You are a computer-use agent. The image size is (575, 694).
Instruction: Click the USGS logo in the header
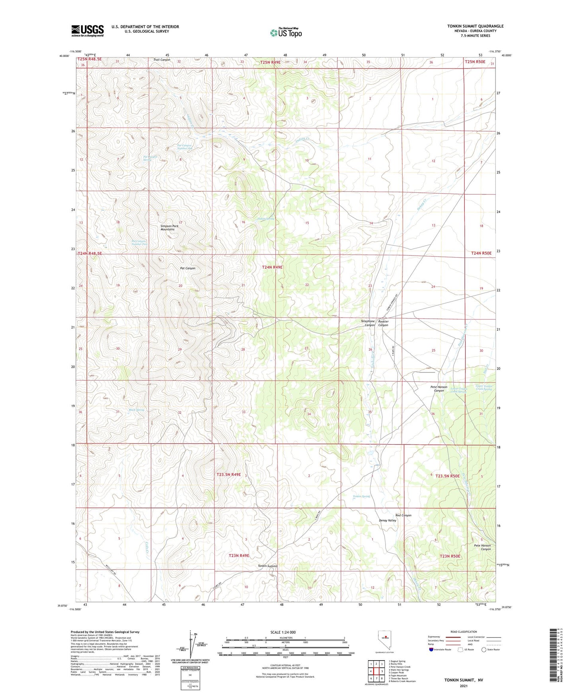(88, 31)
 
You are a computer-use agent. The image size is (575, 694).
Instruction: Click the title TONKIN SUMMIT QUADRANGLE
(475, 26)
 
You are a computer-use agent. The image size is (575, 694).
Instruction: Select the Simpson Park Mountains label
(167, 228)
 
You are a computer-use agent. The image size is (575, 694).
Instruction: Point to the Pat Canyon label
(187, 268)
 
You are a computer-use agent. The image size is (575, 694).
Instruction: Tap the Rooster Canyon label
(383, 323)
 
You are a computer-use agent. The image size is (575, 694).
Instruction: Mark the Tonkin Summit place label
(268, 566)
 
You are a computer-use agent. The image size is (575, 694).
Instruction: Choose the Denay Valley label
(387, 520)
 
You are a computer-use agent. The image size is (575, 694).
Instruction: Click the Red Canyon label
(403, 515)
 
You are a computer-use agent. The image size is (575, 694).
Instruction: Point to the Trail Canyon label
(162, 60)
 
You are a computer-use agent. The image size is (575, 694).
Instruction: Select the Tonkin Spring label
(361, 496)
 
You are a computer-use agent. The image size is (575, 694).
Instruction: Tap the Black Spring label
(136, 410)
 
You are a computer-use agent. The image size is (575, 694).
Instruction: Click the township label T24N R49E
(272, 268)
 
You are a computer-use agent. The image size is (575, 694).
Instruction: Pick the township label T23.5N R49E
(229, 474)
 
